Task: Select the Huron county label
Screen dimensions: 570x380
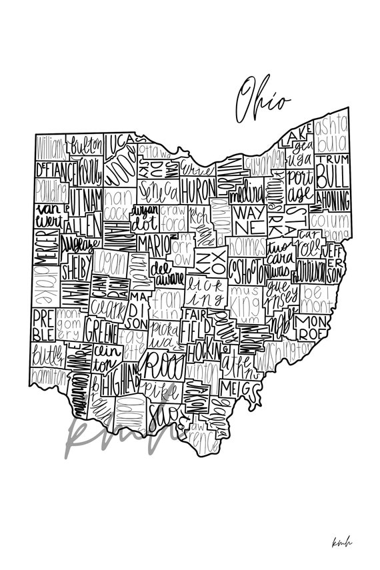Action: [x=197, y=186]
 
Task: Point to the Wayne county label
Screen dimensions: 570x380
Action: [x=248, y=219]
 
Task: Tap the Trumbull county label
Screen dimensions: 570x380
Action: [x=331, y=172]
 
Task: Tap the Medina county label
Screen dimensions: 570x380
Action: [x=247, y=195]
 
